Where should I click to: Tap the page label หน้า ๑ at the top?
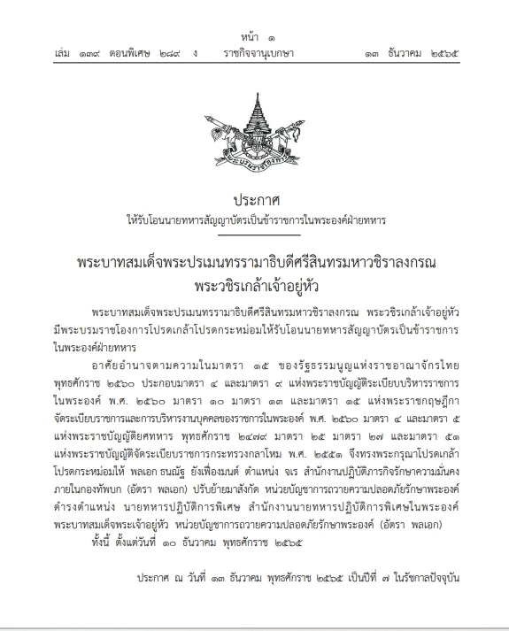255,37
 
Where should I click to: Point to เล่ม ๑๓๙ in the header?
73,54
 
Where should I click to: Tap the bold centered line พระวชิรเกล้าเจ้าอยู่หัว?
254,285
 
